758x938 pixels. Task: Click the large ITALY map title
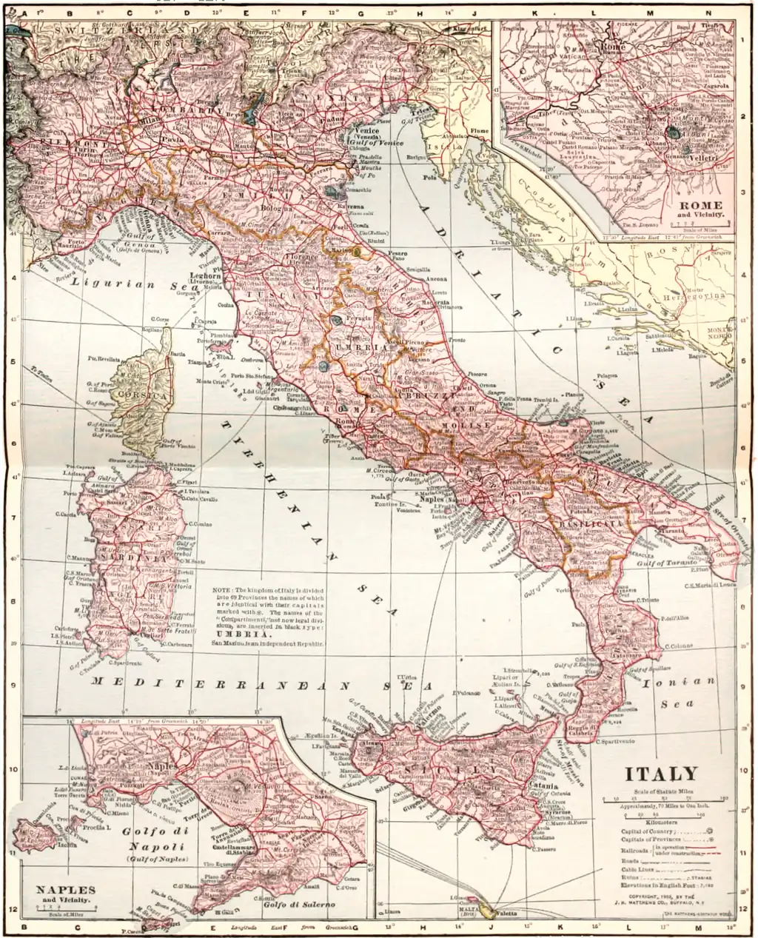(662, 775)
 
